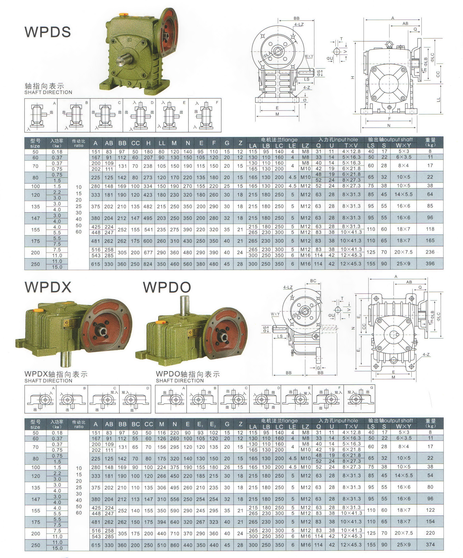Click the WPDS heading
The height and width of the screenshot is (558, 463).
click(48, 32)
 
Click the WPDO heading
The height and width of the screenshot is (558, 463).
click(167, 287)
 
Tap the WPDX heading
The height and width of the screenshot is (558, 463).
click(48, 287)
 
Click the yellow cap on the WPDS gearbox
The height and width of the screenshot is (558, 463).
click(123, 14)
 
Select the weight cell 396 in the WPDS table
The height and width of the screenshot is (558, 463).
click(430, 264)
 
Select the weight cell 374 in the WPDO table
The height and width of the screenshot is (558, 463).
click(430, 544)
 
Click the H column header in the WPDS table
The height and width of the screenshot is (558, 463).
click(148, 143)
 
